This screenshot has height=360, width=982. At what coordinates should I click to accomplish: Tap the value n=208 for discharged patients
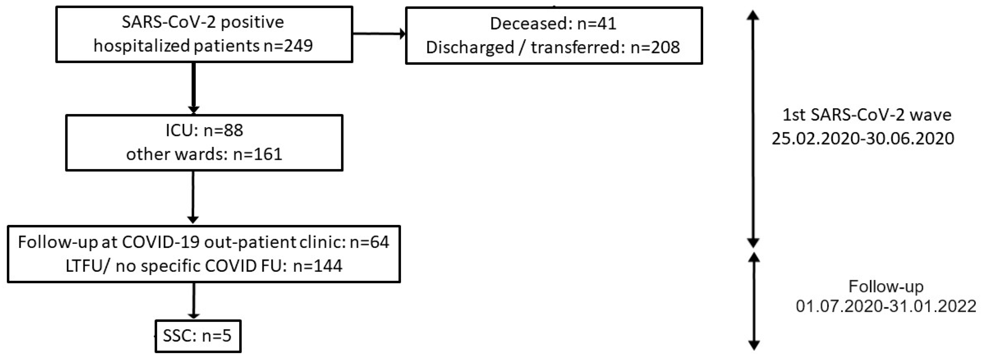coord(655,47)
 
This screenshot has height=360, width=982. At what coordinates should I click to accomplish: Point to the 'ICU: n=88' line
coord(204,130)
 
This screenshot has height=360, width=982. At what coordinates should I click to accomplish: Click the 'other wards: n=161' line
coord(204,154)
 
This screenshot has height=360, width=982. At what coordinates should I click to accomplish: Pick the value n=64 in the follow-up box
coord(370,242)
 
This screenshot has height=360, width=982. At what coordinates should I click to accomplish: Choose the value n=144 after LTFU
coord(318,266)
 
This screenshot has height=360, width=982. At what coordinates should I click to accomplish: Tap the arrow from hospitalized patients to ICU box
coord(194,88)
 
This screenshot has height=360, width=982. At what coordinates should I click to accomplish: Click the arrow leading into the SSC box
coord(194,300)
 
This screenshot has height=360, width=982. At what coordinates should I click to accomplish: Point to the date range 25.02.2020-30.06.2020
coord(863,138)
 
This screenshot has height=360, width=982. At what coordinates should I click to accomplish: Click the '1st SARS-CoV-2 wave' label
coord(867,115)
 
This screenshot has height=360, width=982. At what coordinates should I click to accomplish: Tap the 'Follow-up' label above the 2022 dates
coord(885,286)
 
